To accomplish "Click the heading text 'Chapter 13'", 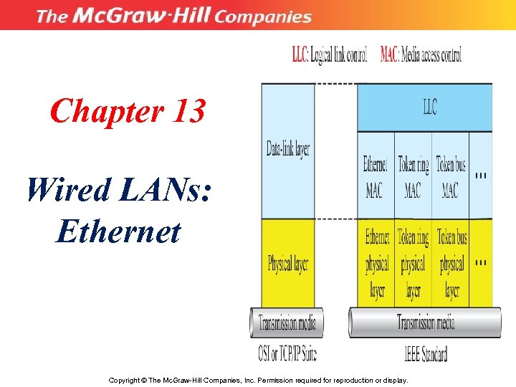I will (128, 112).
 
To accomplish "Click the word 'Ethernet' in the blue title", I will (118, 231).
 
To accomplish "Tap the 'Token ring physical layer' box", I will (414, 263).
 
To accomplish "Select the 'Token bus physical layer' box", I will (451, 263).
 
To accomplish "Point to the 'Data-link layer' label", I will (287, 150).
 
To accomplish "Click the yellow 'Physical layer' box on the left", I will (287, 263).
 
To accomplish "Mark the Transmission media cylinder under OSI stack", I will (287, 322).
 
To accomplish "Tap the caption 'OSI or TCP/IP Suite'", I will (287, 353).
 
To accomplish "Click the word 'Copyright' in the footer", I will (126, 380).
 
